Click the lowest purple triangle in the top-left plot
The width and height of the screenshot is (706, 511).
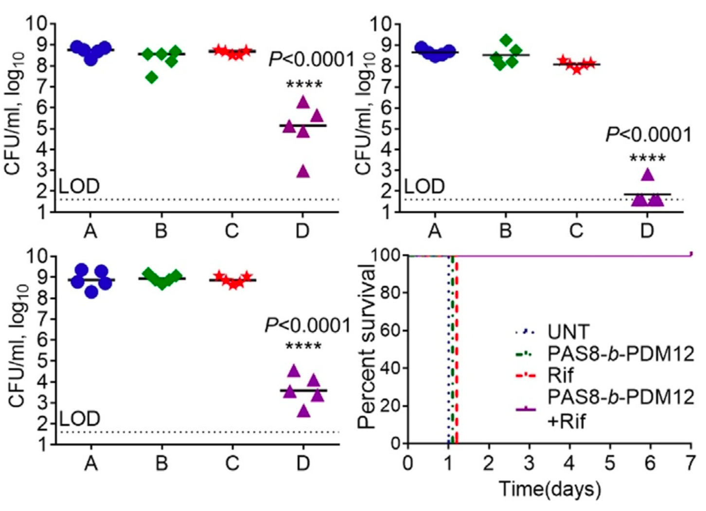(303, 172)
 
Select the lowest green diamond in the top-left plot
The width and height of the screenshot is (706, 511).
(152, 77)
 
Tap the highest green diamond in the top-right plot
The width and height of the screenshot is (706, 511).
(506, 40)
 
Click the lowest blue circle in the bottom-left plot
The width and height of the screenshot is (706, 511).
(92, 292)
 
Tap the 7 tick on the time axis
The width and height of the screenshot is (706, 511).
(690, 463)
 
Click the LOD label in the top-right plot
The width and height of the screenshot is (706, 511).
(424, 186)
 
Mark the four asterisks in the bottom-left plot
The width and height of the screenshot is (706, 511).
(303, 346)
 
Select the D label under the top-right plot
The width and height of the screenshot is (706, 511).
(647, 231)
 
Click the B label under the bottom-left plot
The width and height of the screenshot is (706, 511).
(162, 463)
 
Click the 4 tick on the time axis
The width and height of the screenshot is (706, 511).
(570, 463)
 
